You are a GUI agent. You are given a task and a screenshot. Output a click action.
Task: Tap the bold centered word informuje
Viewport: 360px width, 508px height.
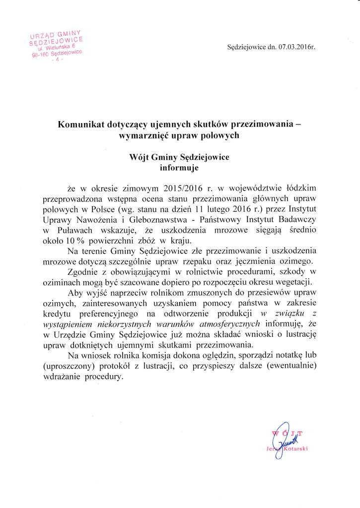tap(179, 168)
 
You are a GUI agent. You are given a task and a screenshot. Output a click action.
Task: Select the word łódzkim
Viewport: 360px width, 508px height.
tap(302, 189)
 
